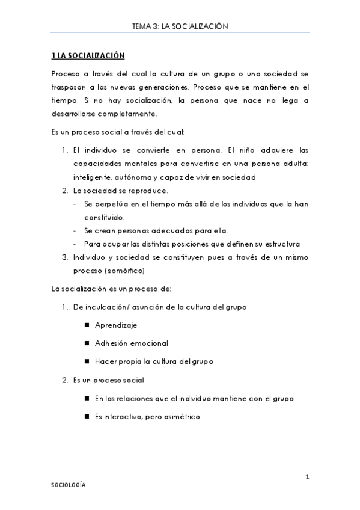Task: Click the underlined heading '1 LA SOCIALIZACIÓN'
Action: [88, 56]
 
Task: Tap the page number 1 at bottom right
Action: [307, 478]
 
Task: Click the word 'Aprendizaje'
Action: [116, 325]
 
